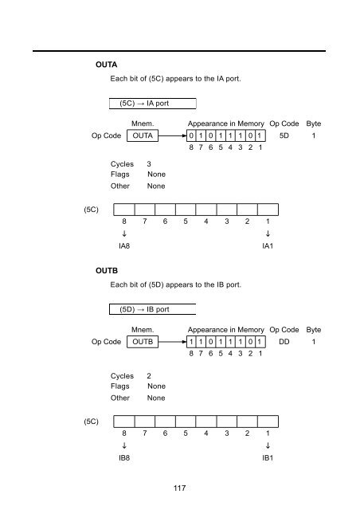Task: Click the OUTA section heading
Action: [107, 65]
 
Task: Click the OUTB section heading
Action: [107, 271]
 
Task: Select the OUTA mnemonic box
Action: [143, 135]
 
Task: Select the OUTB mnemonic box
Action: [143, 342]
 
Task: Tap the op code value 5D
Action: [284, 135]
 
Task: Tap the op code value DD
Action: [284, 342]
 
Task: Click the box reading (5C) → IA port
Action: [152, 104]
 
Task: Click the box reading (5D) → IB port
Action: [152, 309]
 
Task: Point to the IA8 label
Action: [124, 246]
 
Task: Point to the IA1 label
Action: [268, 246]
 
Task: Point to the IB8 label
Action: [124, 458]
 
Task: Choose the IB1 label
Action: [268, 458]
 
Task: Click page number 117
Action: [179, 488]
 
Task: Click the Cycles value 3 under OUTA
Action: [149, 164]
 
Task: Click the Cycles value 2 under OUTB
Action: [149, 376]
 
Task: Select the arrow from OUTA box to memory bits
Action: [172, 135]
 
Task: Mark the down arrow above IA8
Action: [124, 233]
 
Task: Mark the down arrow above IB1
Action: [268, 445]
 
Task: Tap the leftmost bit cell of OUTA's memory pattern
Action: [191, 135]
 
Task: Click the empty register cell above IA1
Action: [268, 210]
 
